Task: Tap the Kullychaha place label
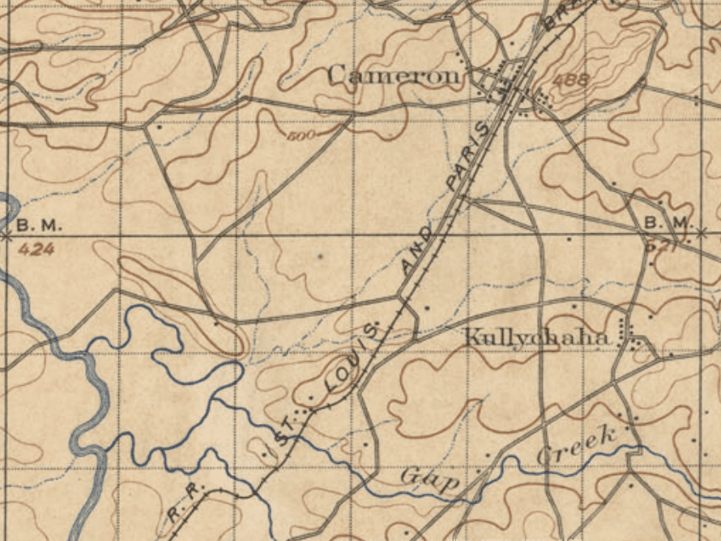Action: (537, 337)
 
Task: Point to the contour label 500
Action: (301, 136)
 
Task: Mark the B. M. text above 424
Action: (39, 226)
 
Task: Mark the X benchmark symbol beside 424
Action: (7, 236)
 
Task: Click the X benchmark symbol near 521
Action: (701, 231)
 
